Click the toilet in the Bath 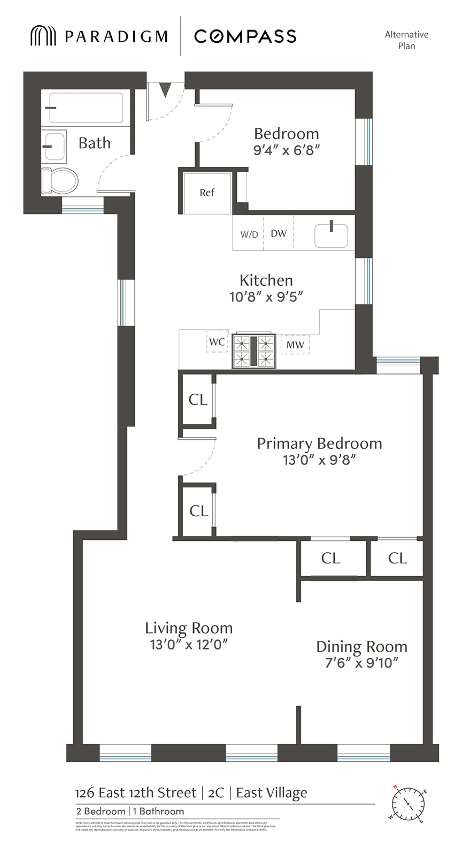[x=60, y=181]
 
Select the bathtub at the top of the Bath [x=86, y=108]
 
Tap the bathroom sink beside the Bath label [x=55, y=146]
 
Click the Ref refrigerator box [x=207, y=193]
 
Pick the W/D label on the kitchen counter [x=249, y=234]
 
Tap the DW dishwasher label [x=279, y=233]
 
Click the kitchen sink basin [x=331, y=235]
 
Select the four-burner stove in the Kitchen [x=253, y=351]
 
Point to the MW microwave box [x=295, y=345]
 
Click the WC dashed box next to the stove [x=217, y=342]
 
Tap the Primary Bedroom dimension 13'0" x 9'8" [x=319, y=460]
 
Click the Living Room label [x=189, y=628]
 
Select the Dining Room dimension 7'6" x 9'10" [x=362, y=663]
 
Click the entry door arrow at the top [x=165, y=89]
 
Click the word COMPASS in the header [x=245, y=36]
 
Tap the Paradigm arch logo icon [x=43, y=36]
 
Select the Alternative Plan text [x=406, y=40]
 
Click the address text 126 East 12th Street [x=136, y=792]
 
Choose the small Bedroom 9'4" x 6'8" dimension [x=287, y=150]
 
